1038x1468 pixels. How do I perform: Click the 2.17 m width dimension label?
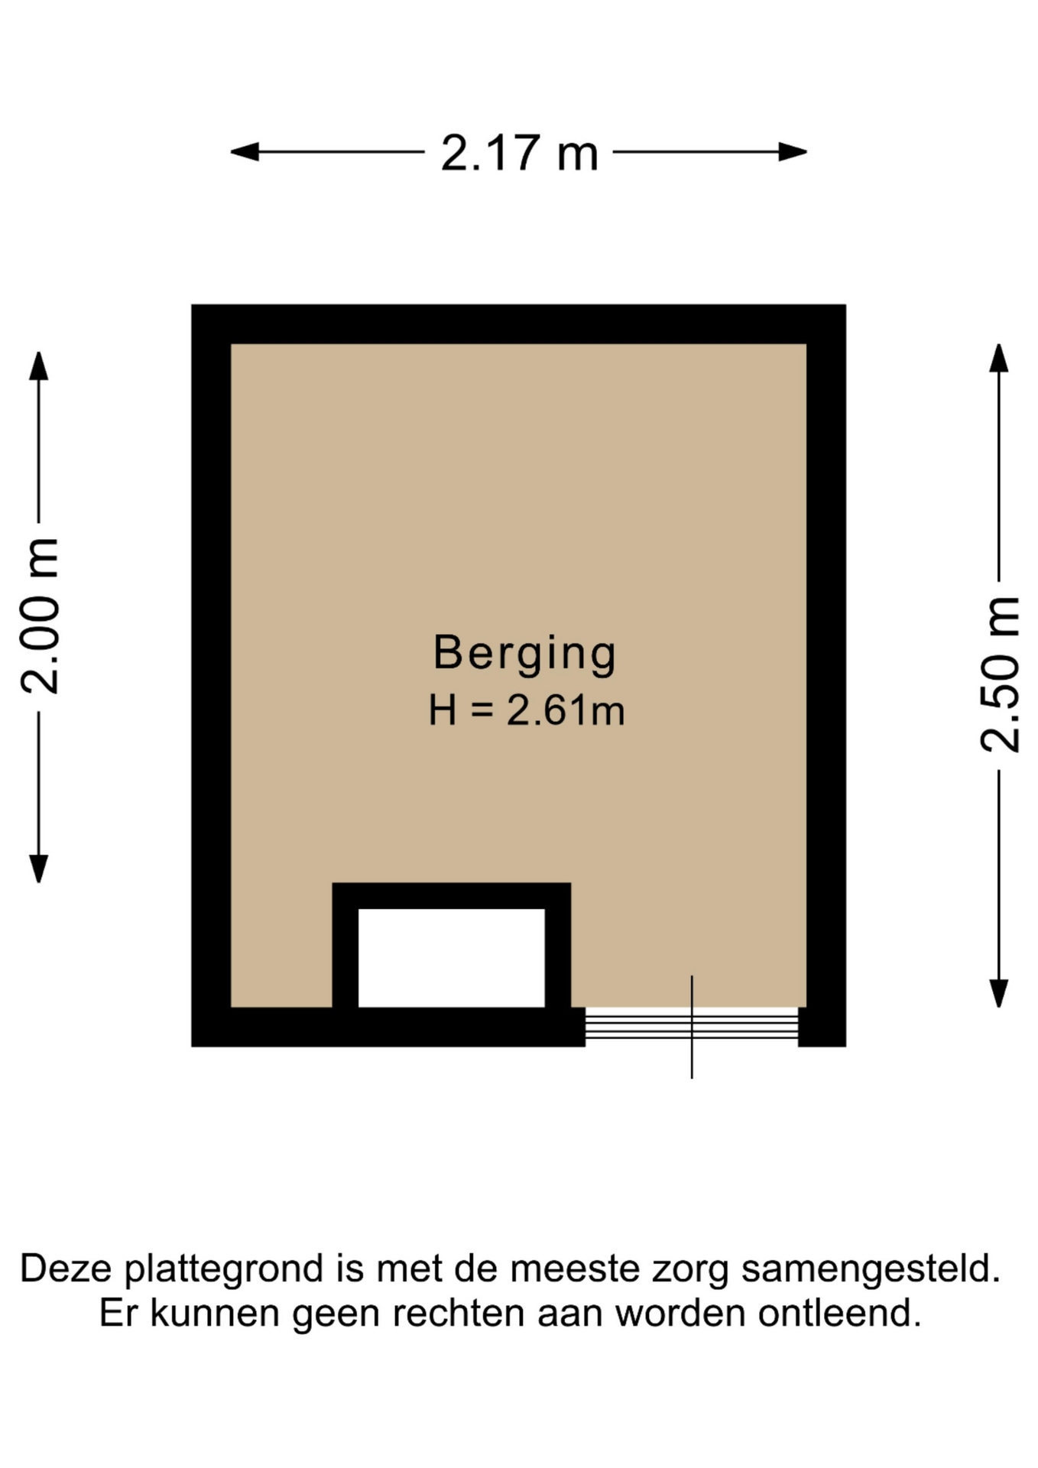[x=519, y=153]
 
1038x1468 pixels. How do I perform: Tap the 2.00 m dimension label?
[x=40, y=616]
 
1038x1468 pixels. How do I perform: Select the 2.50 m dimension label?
[x=1000, y=674]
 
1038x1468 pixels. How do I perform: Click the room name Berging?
[x=524, y=654]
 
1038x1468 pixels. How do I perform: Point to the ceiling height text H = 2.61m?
[x=527, y=710]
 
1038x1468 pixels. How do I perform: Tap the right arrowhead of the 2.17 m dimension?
[x=793, y=152]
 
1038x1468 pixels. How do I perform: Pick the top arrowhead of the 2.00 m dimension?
[x=39, y=365]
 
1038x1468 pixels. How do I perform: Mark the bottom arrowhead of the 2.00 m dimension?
[x=39, y=869]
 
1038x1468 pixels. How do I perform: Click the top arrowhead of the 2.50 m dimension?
[x=999, y=358]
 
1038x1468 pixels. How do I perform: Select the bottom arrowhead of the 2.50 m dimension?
[x=999, y=993]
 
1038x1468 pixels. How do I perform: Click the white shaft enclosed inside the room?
[x=452, y=958]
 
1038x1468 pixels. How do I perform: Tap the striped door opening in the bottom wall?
[x=692, y=1027]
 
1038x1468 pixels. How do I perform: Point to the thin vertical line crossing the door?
[x=692, y=1027]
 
